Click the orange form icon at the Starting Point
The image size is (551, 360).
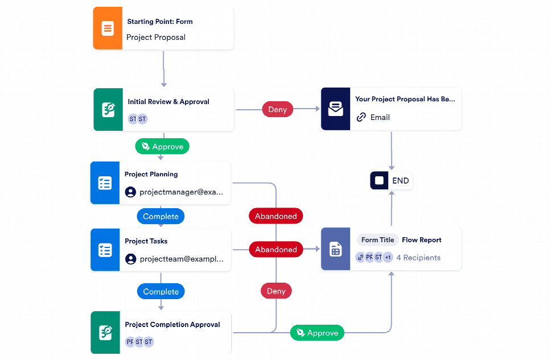[108, 28]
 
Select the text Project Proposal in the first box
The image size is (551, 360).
[156, 38]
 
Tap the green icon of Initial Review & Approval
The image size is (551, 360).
[108, 110]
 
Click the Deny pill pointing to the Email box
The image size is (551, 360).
[277, 110]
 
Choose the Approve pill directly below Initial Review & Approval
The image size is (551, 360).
[162, 147]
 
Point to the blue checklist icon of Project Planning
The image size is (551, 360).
[105, 183]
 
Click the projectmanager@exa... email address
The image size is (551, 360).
[181, 192]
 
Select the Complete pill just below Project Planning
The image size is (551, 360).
[161, 217]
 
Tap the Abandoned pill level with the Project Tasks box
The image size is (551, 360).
[275, 250]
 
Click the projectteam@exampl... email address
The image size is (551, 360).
[181, 259]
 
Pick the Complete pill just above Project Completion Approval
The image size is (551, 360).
[161, 292]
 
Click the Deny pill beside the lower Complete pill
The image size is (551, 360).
[276, 291]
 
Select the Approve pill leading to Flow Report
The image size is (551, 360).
[317, 333]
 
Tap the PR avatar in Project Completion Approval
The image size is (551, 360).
[130, 342]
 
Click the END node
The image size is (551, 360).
[391, 181]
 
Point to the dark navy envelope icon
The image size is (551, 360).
[335, 109]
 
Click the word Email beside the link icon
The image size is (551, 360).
[380, 117]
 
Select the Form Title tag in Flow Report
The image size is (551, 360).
[377, 240]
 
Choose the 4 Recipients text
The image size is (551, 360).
[418, 258]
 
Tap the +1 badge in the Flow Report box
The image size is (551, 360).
[388, 258]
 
